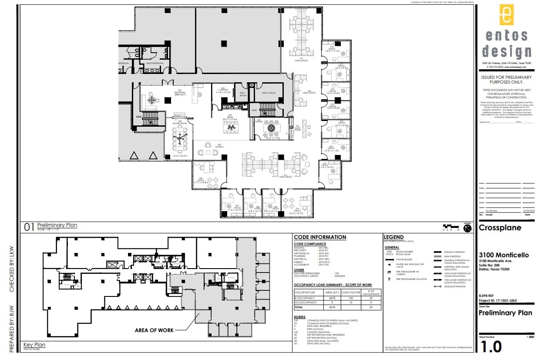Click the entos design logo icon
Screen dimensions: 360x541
pos(506,16)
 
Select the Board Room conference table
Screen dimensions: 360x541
pos(179,140)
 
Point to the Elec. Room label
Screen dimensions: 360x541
pos(243,94)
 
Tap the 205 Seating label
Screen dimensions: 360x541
pos(220,146)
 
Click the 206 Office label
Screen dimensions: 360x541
pos(201,180)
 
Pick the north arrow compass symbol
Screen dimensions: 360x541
pos(468,229)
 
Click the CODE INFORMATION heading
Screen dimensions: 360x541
pos(320,237)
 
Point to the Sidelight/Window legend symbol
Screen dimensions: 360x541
pos(437,286)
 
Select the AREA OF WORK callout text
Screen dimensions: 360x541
pos(154,330)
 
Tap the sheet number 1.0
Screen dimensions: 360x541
pos(491,347)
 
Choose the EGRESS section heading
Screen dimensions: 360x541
pos(299,317)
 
